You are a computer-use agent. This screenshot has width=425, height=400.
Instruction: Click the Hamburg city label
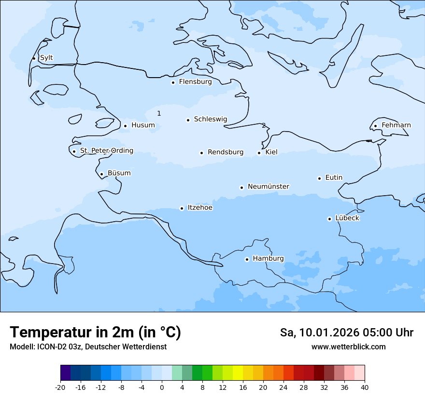(268, 259)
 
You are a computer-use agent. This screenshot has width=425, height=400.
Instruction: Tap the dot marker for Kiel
(259, 153)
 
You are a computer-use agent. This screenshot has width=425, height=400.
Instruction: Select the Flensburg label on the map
(195, 82)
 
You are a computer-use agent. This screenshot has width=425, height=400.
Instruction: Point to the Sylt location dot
(34, 58)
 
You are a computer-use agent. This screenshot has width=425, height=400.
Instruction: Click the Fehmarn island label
(396, 125)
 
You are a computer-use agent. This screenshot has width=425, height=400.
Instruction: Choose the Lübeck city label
(347, 218)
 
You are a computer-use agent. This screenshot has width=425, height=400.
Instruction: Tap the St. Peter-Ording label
(106, 151)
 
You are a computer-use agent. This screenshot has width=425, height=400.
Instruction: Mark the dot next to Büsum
(101, 174)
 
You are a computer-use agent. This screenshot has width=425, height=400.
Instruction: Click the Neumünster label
(269, 187)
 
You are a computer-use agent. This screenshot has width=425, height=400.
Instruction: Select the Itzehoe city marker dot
(182, 208)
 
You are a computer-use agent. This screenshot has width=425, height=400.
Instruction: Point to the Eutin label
(334, 178)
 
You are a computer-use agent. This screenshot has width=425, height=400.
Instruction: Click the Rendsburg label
(226, 152)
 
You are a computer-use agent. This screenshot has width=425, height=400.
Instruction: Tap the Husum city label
(143, 125)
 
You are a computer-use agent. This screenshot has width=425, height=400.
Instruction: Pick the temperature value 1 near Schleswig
(159, 113)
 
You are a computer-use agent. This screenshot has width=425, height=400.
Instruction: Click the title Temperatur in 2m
(95, 332)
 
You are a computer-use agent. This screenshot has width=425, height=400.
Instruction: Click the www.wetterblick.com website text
(348, 347)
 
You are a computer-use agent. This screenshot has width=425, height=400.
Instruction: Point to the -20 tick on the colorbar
(60, 387)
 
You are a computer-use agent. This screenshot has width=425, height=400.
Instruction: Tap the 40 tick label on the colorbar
(365, 387)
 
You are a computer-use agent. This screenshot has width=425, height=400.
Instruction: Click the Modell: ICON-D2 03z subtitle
(88, 347)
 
